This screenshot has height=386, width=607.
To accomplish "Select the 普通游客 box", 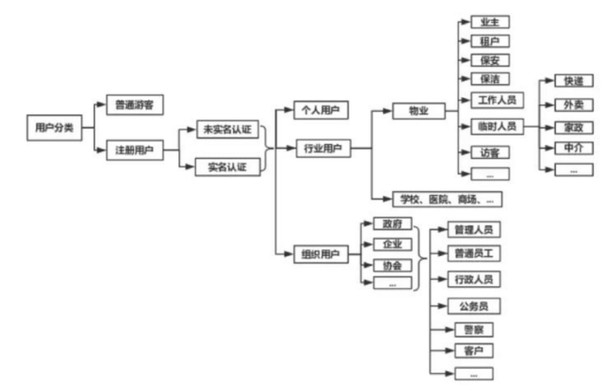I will [x=134, y=104].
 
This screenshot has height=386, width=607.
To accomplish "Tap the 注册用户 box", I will [x=134, y=150].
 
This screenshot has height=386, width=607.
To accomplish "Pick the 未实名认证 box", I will [x=227, y=129].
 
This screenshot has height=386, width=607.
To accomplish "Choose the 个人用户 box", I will [x=321, y=110].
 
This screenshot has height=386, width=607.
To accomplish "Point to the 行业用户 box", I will [x=321, y=148].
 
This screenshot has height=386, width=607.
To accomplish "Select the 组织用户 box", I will [x=321, y=254].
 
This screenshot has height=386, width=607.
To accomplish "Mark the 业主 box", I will [x=490, y=22].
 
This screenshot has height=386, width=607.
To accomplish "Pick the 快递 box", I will [x=573, y=82].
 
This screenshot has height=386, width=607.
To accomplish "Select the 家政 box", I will [x=573, y=126].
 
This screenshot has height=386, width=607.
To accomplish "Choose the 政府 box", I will [x=393, y=224].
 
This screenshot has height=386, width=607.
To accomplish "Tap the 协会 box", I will [x=393, y=265].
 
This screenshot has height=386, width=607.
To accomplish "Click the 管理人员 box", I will [x=474, y=230].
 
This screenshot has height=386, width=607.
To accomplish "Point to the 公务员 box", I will [x=474, y=306].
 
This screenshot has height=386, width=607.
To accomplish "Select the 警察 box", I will [x=474, y=330].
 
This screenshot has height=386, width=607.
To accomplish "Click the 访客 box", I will [x=490, y=151].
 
